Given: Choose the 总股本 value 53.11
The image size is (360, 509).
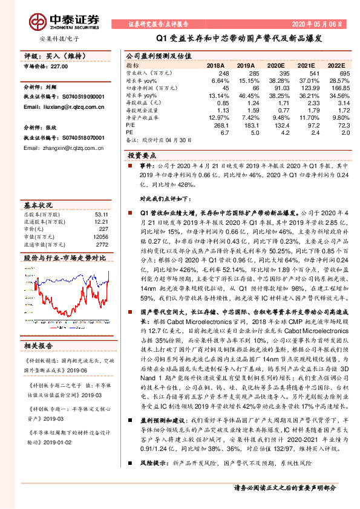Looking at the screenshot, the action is click(100, 214).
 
